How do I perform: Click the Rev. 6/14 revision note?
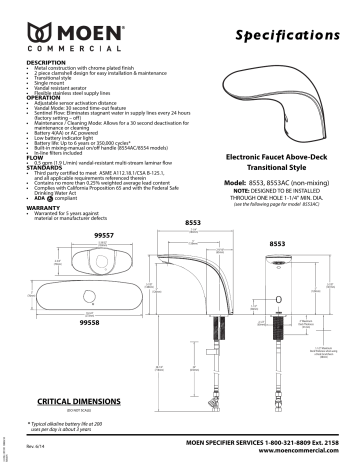click(x=35, y=445)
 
